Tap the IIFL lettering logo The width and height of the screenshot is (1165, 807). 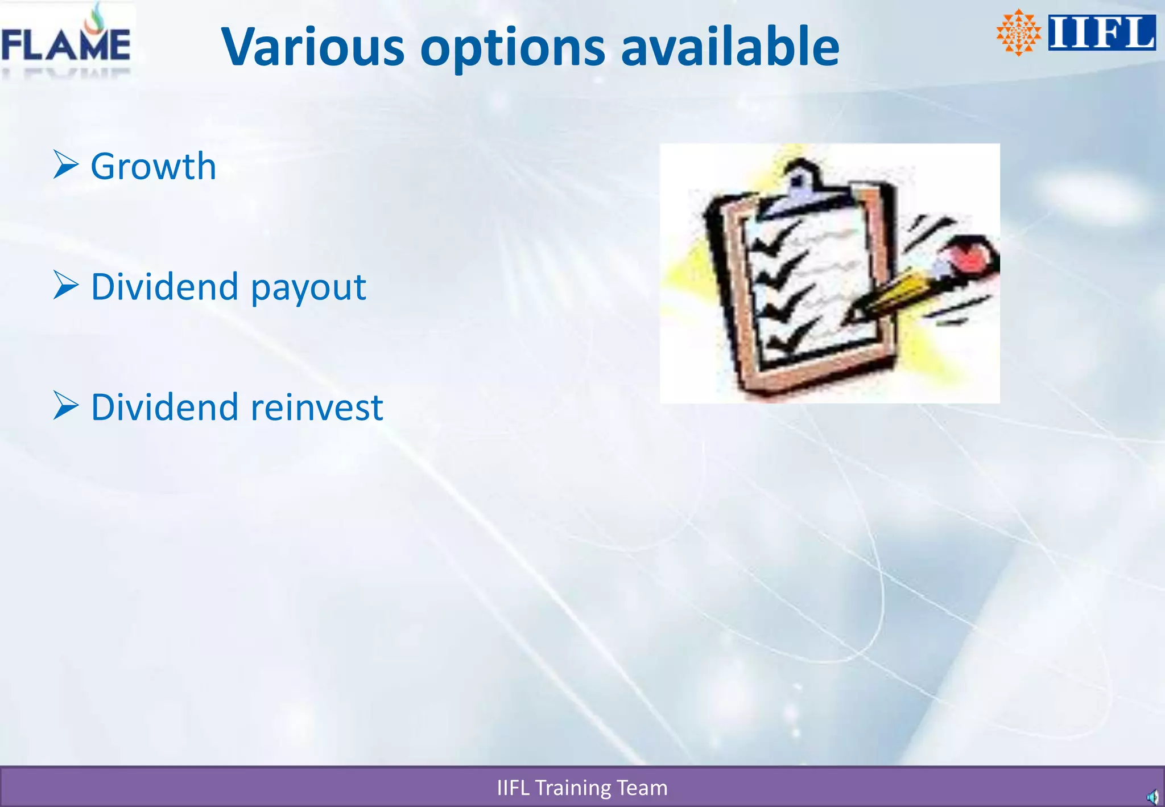coord(1101,32)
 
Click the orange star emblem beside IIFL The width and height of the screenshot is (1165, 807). coord(1018,32)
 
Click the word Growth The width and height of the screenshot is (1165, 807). coord(153,167)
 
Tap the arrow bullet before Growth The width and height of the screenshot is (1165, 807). coord(65,164)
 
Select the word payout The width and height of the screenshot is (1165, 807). coord(308,288)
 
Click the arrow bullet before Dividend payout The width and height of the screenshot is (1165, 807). coord(65,285)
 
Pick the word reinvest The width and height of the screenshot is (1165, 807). coord(316,407)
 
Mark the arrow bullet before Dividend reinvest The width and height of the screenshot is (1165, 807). coord(65,406)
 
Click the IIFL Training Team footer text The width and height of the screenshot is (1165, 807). coord(582,788)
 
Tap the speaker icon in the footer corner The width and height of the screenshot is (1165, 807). coord(1152,797)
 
